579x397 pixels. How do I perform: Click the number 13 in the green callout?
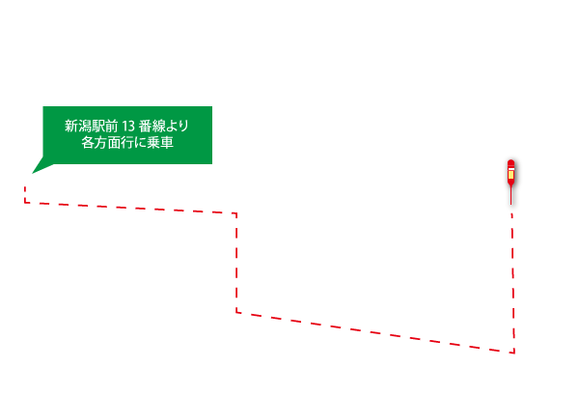pos(128,127)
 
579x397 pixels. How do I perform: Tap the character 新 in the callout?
pos(70,126)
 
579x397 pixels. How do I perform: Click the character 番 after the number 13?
pos(145,126)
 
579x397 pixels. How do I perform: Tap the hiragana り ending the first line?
pos(184,126)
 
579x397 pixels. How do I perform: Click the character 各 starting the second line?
pos(88,142)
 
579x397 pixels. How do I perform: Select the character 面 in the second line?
pos(115,142)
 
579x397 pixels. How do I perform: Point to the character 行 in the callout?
pos(127,142)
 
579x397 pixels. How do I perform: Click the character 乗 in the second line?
pos(153,142)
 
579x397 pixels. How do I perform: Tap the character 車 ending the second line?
pos(167,142)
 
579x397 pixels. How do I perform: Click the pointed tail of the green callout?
pos(33,173)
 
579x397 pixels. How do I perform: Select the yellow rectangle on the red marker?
pos(510,174)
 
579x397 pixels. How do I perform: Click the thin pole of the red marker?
pos(511,195)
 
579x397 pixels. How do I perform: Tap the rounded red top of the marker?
pos(510,163)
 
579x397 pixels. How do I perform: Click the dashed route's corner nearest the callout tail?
pos(25,202)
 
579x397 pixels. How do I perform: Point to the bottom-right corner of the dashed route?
pos(514,353)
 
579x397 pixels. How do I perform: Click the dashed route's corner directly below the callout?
pos(236,213)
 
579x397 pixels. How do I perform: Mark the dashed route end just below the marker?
pos(511,213)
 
